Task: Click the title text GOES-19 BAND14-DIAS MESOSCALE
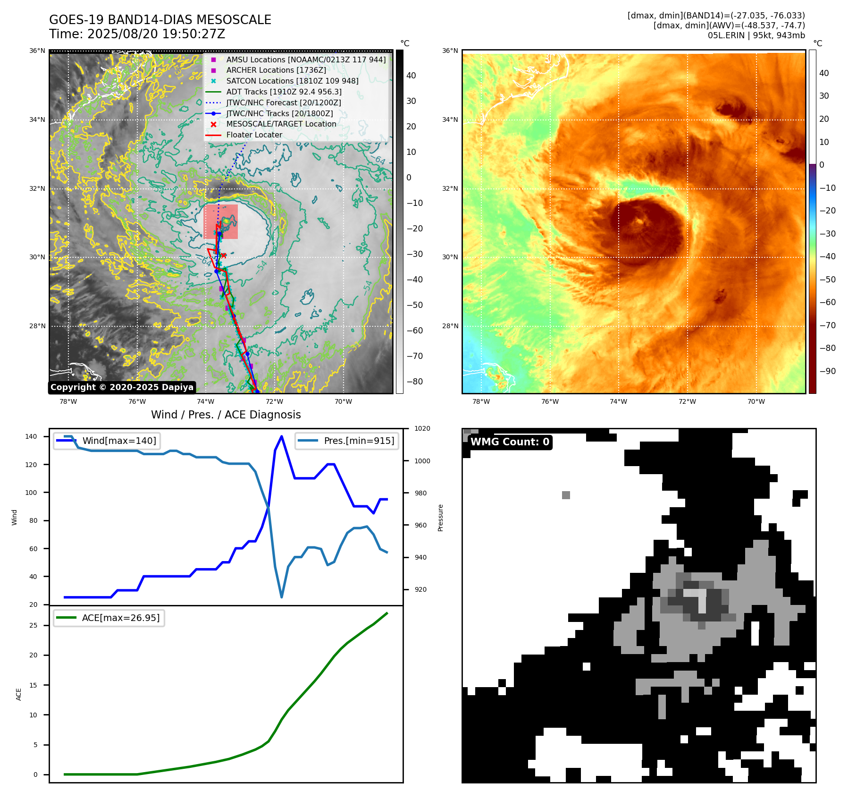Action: (160, 20)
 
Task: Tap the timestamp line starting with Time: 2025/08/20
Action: (137, 34)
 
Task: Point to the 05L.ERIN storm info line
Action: (756, 35)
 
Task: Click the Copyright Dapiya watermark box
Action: (122, 387)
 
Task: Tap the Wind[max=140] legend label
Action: (119, 441)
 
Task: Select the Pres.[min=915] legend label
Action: (359, 441)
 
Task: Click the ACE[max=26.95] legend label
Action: (121, 618)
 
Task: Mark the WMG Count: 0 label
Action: (510, 442)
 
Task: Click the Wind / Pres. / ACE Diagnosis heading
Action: (226, 415)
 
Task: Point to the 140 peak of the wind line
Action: (282, 436)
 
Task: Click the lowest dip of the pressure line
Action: (282, 597)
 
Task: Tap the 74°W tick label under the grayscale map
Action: (205, 401)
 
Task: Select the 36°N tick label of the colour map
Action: (450, 51)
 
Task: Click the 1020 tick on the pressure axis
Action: (422, 428)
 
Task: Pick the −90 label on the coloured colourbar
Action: (827, 371)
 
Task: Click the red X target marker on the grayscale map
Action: (224, 255)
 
